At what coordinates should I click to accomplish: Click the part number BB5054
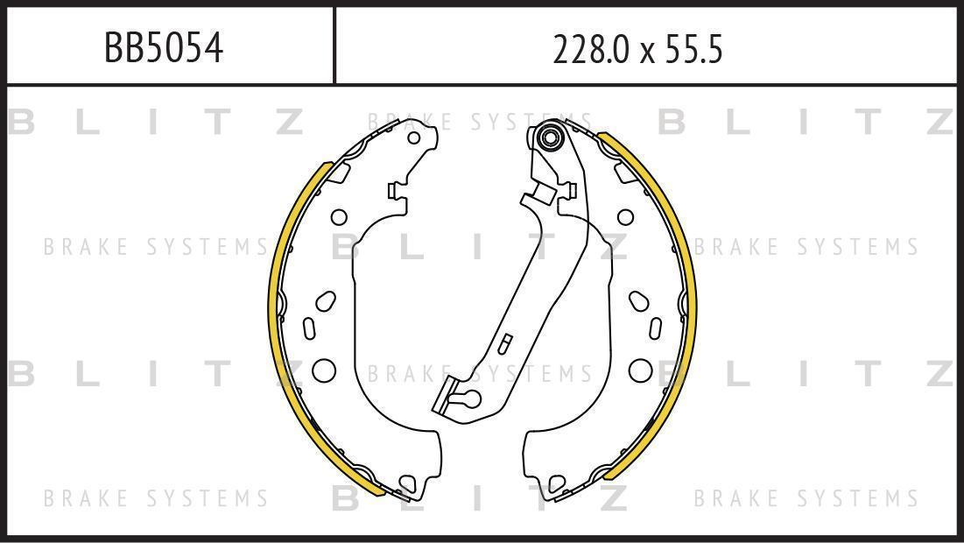click(164, 48)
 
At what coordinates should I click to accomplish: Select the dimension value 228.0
click(591, 50)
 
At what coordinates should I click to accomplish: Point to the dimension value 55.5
click(693, 50)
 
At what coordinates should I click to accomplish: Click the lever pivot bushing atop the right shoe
click(548, 137)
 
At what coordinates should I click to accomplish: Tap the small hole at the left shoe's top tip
click(414, 138)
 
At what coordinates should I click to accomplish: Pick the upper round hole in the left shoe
click(339, 217)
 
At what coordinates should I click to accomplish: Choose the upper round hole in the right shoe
click(625, 217)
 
